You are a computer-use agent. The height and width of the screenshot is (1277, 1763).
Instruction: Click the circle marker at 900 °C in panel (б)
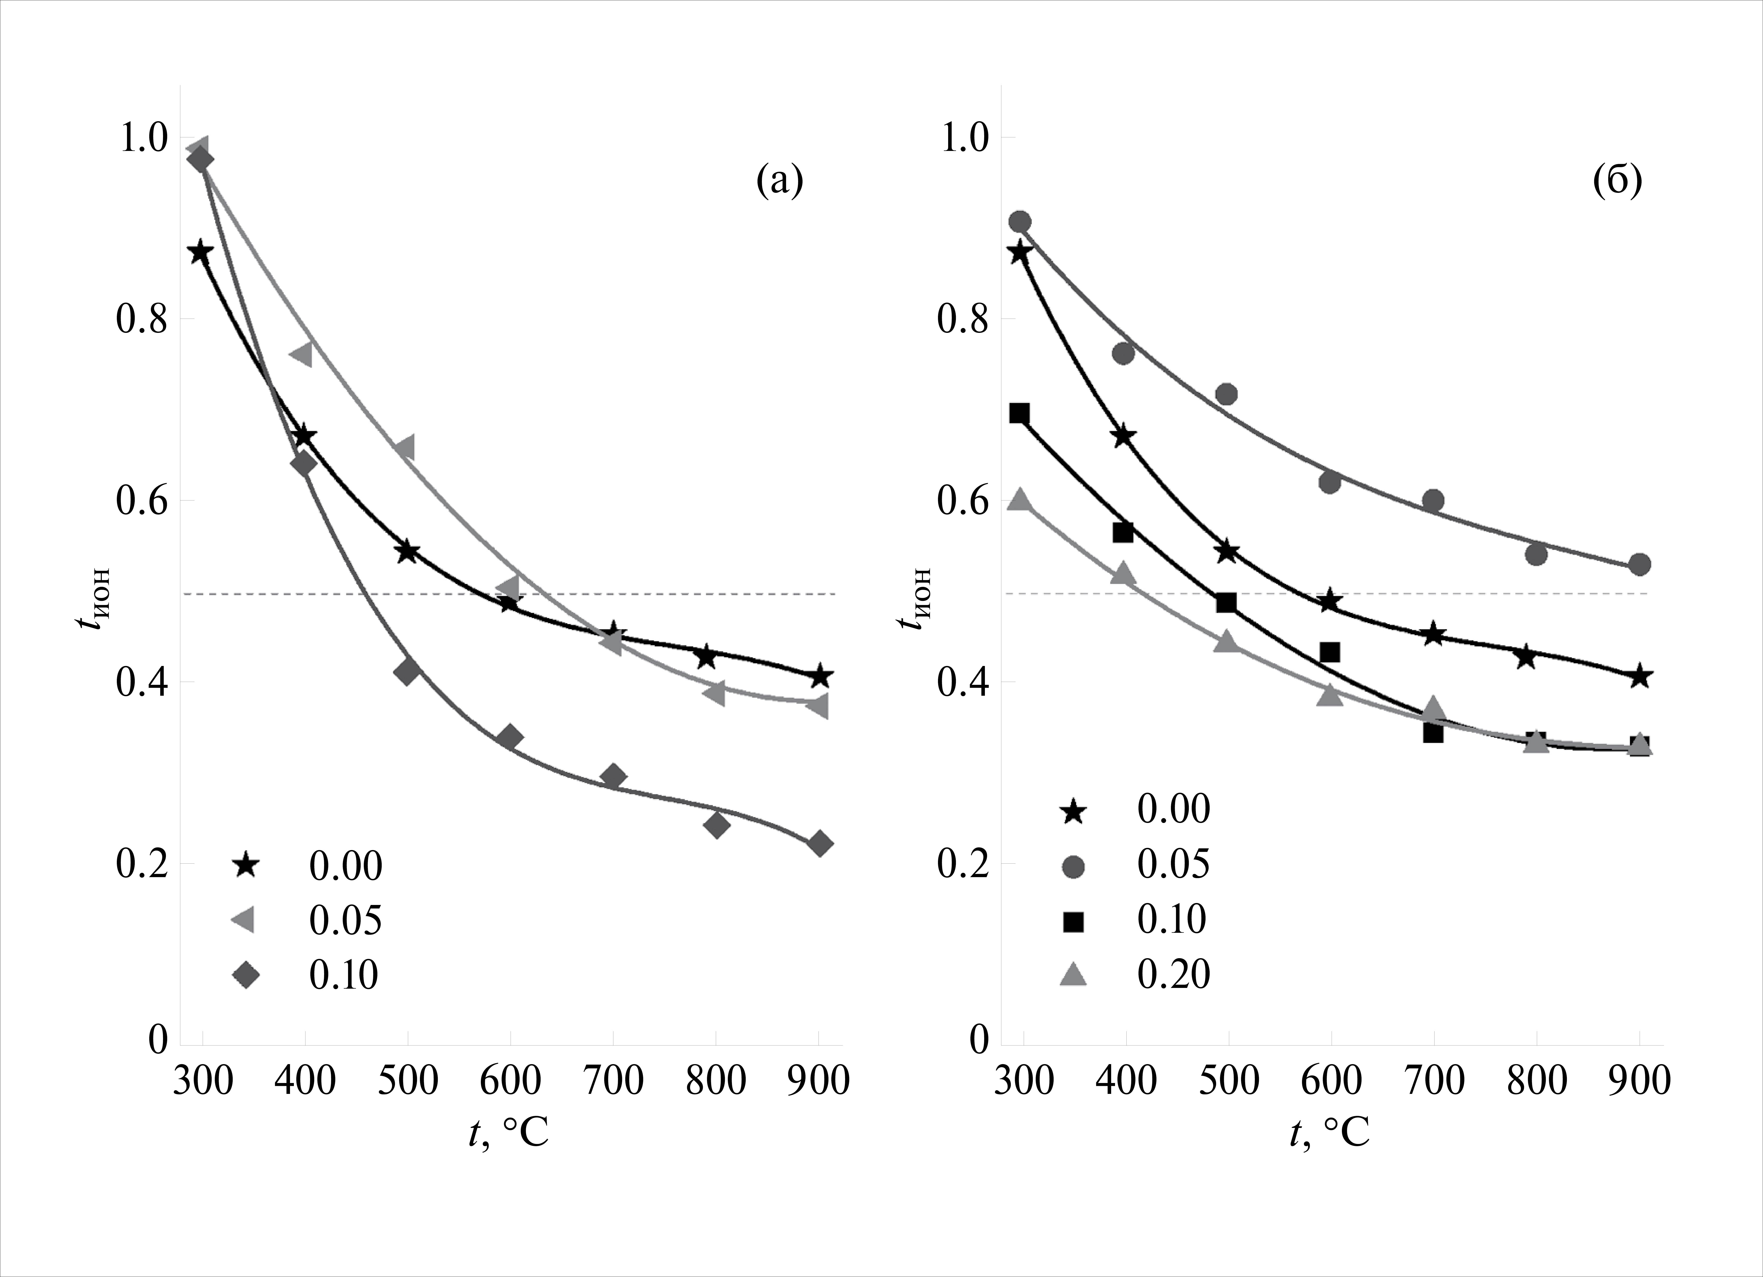pos(1639,564)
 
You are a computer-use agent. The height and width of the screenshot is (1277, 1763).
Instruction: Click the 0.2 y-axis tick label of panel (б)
pos(962,864)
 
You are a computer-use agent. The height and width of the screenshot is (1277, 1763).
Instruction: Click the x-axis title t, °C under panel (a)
pos(509,1134)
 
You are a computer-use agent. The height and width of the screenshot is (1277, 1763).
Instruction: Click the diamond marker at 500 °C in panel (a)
pos(407,672)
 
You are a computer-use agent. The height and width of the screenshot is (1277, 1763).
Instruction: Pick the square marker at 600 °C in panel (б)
pos(1330,652)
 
